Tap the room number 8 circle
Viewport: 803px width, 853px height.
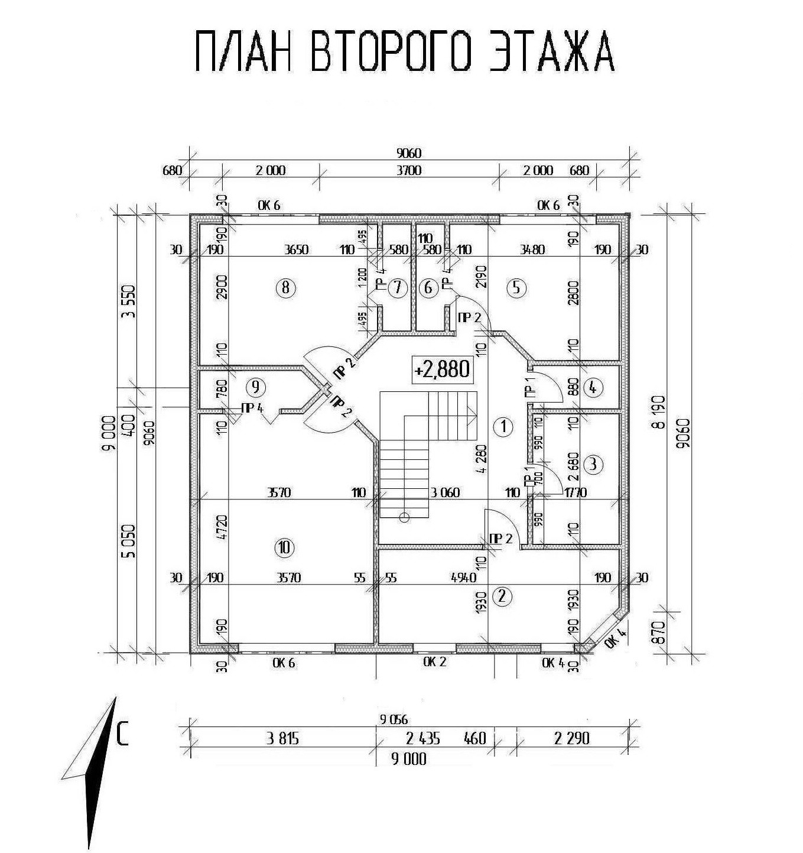(285, 288)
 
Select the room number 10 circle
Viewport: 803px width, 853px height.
(284, 547)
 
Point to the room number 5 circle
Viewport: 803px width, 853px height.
(516, 288)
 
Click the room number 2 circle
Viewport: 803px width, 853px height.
(502, 596)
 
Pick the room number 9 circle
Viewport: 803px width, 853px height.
(256, 387)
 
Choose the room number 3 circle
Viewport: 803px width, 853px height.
(593, 464)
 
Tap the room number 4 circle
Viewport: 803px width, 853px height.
(593, 388)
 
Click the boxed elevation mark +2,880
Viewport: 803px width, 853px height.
(443, 369)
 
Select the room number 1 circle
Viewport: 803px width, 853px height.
(503, 426)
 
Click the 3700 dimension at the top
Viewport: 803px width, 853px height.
(409, 170)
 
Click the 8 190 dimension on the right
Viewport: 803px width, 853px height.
(661, 411)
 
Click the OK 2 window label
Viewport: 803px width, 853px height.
(434, 662)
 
